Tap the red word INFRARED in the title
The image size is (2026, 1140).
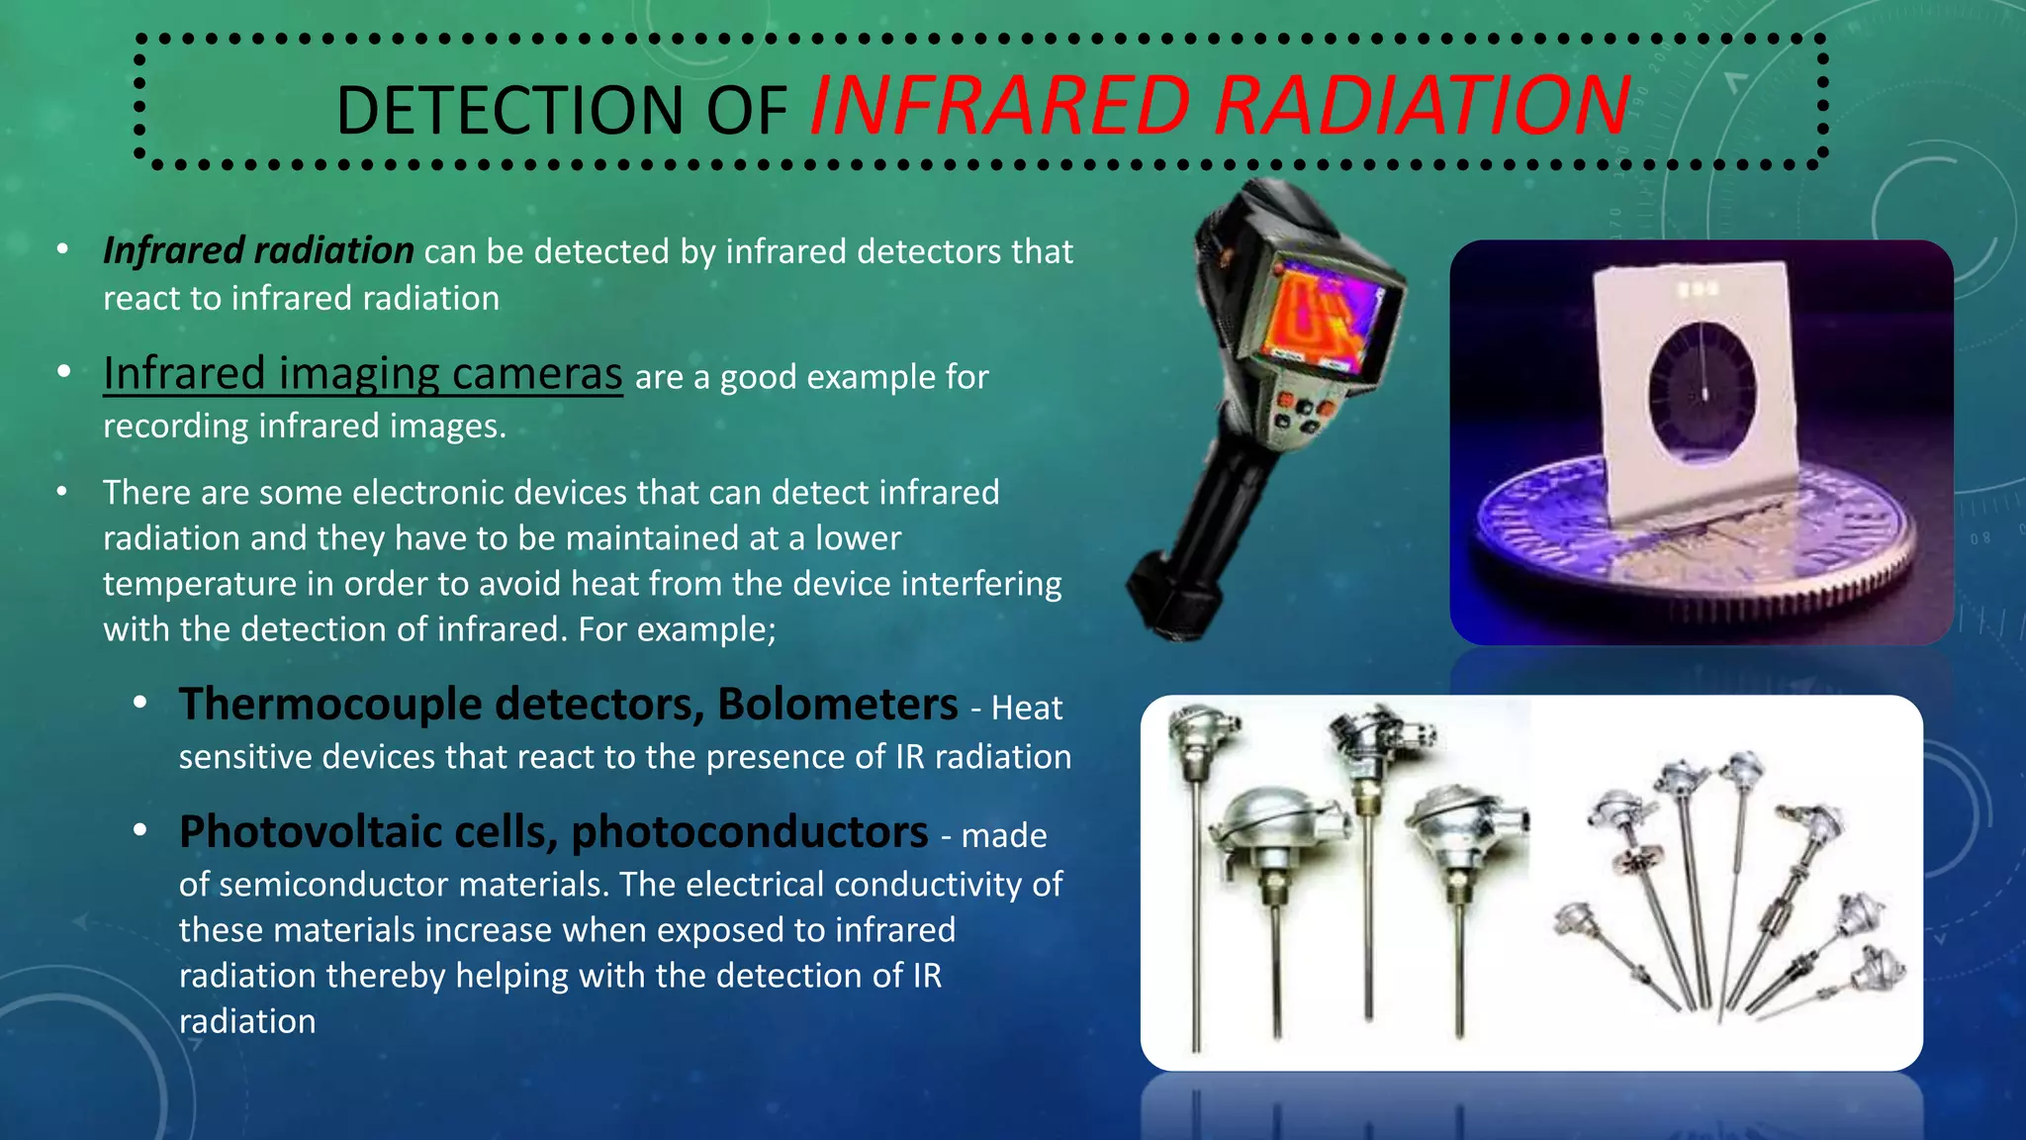click(999, 106)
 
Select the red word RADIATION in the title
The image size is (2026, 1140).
click(1422, 106)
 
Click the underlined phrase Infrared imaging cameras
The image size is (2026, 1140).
click(362, 374)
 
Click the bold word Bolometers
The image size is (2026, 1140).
click(837, 705)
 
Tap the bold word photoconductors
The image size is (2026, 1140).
click(750, 832)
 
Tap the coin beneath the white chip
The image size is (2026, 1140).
click(1682, 554)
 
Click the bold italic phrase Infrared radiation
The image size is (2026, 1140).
click(258, 250)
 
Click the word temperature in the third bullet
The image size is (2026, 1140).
click(199, 584)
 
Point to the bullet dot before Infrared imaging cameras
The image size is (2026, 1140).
click(64, 373)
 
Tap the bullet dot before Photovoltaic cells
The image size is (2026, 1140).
click(140, 830)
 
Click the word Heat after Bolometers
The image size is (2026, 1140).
click(1027, 709)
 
